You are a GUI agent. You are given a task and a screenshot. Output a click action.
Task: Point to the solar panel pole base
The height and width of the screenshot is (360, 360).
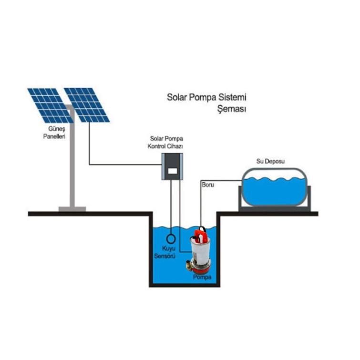72,208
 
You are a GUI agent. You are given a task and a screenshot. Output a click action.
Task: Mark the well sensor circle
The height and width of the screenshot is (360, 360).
171,237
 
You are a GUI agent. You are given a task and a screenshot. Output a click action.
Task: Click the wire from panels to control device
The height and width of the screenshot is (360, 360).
124,165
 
